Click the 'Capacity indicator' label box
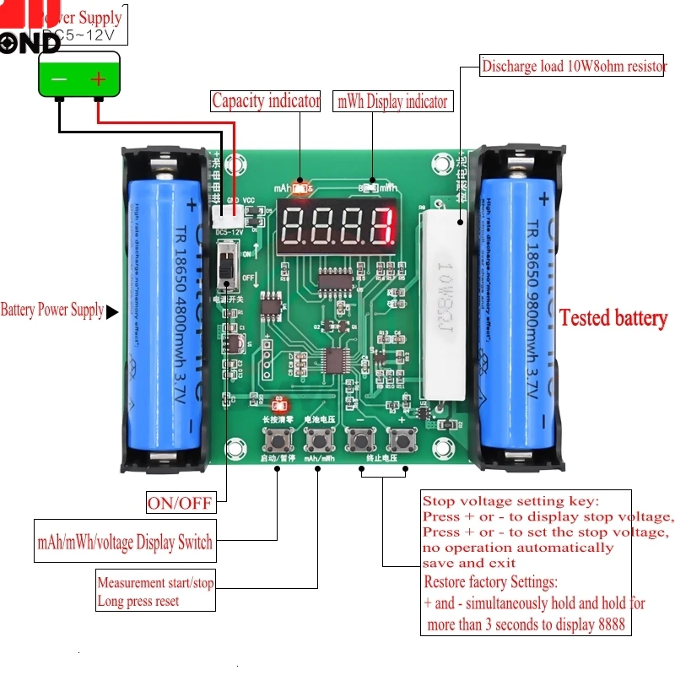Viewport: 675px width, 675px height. (266, 101)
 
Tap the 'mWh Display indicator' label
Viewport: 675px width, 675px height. (392, 101)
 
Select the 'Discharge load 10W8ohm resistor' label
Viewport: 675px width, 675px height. (574, 66)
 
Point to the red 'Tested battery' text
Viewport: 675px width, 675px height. (613, 318)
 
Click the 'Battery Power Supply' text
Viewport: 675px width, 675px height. (52, 310)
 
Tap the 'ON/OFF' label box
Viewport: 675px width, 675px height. (180, 503)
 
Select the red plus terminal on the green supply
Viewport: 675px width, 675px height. (99, 79)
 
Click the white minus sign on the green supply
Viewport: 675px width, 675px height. (59, 79)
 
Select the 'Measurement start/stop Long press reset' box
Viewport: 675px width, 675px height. (155, 591)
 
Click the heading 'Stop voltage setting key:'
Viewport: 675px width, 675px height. (510, 501)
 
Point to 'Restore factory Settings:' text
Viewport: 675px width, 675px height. (490, 582)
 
